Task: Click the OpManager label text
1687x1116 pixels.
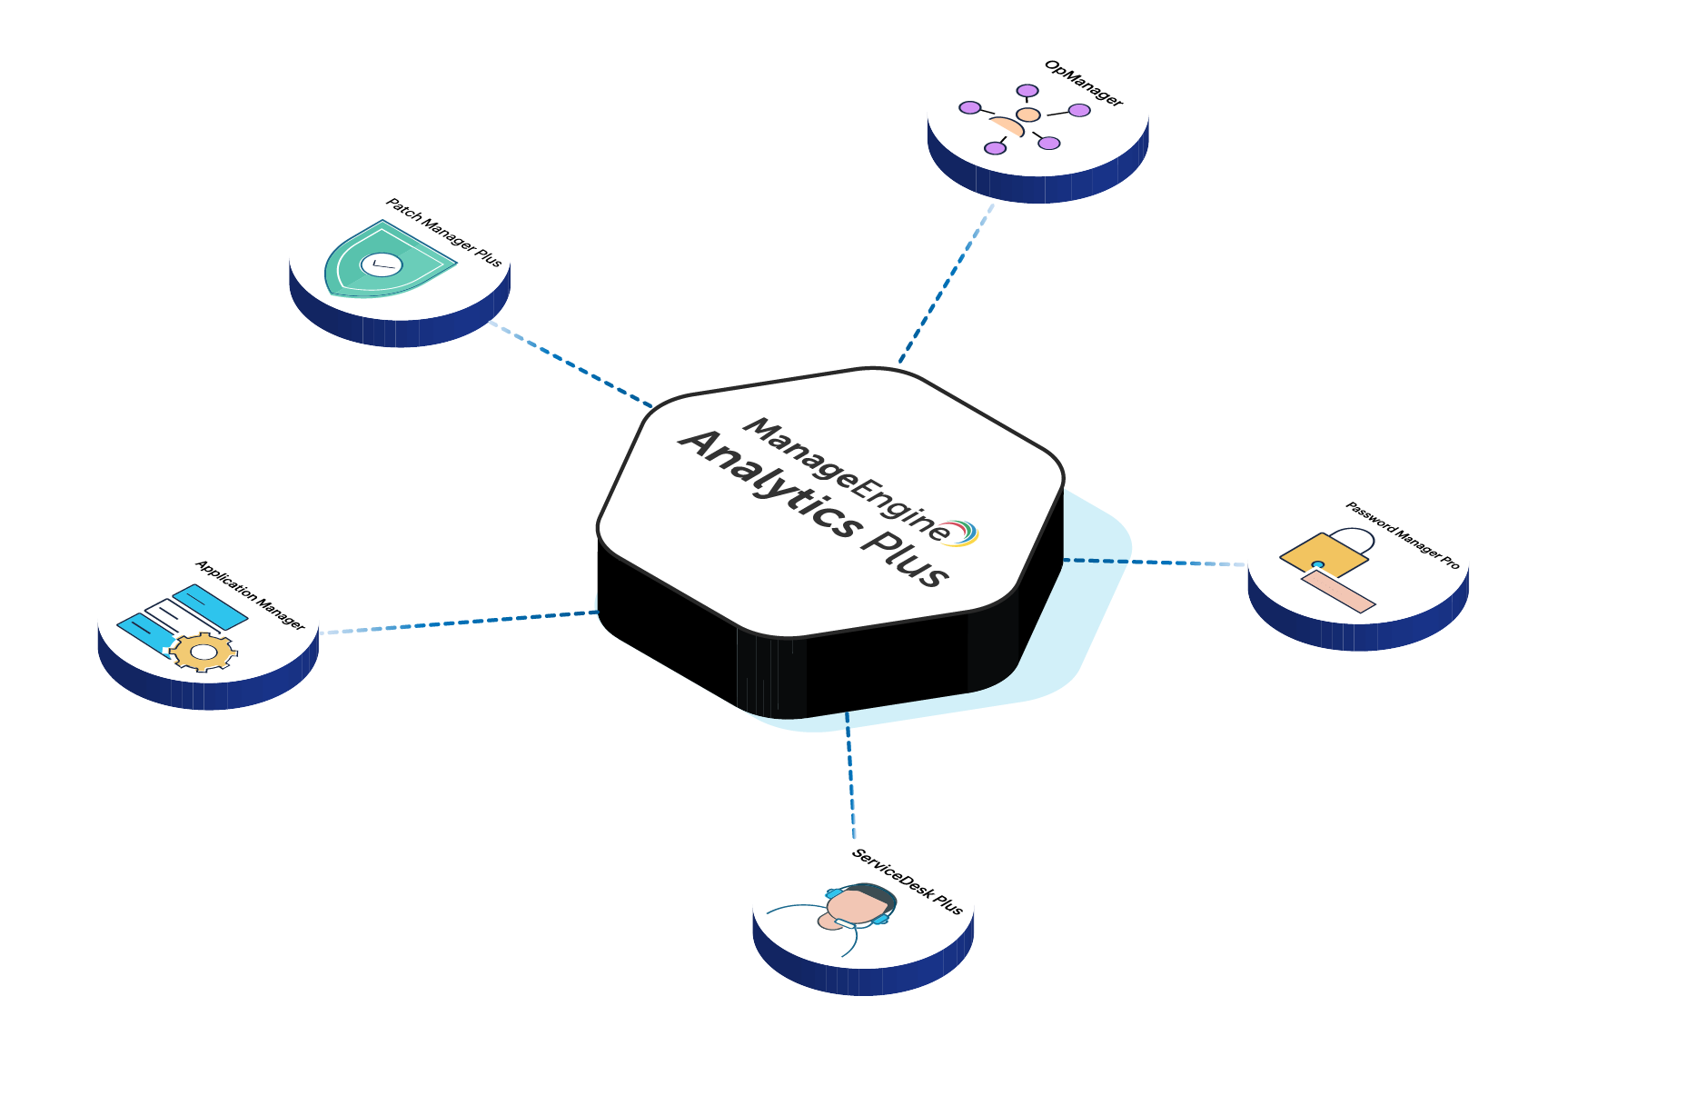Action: [x=1083, y=84]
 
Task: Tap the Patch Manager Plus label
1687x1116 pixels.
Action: [x=443, y=233]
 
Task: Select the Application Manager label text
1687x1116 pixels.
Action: [x=250, y=595]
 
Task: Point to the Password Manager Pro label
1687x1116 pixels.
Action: [x=1402, y=535]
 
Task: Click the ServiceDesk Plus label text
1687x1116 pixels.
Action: [x=907, y=881]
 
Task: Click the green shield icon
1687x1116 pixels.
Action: [x=386, y=261]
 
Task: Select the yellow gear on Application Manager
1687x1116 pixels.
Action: [x=204, y=652]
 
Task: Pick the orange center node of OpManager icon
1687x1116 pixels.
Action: [x=1027, y=115]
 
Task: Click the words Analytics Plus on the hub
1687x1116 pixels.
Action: [x=813, y=510]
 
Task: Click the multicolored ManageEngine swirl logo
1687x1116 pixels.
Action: [x=963, y=533]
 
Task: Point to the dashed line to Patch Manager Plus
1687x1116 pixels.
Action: [x=572, y=364]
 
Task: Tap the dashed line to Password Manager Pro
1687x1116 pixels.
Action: [x=1154, y=563]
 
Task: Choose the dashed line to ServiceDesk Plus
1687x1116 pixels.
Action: [x=850, y=772]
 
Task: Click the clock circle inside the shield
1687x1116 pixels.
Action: [x=380, y=264]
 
